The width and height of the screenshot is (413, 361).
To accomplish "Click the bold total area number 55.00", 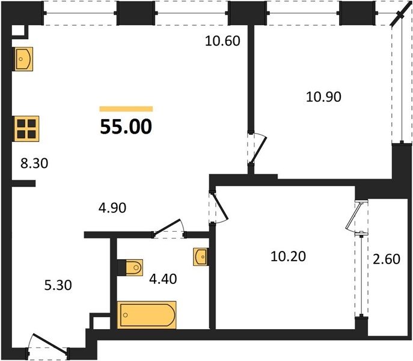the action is (x=126, y=127).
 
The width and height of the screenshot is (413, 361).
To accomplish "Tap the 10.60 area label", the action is (x=222, y=41).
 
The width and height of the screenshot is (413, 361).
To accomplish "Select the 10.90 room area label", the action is (x=323, y=97).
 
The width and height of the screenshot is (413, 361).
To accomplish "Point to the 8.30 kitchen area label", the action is (x=34, y=164).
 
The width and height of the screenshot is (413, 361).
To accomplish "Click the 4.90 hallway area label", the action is (x=112, y=208).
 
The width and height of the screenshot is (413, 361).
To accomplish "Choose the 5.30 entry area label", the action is (x=58, y=285).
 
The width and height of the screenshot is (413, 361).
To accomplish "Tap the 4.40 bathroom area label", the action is (x=163, y=279).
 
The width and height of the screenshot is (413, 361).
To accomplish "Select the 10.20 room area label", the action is (x=288, y=256).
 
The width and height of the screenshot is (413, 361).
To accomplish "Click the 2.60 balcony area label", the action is (x=387, y=259).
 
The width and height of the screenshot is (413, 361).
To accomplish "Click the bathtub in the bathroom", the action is (x=147, y=315).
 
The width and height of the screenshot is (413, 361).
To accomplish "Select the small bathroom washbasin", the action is (x=201, y=256).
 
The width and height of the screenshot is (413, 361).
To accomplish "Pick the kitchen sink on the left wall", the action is (x=23, y=59).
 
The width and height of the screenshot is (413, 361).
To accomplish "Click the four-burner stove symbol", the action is (x=26, y=129).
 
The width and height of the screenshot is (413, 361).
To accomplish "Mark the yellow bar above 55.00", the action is (x=126, y=109).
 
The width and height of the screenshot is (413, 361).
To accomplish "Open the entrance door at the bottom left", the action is (x=49, y=344).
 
